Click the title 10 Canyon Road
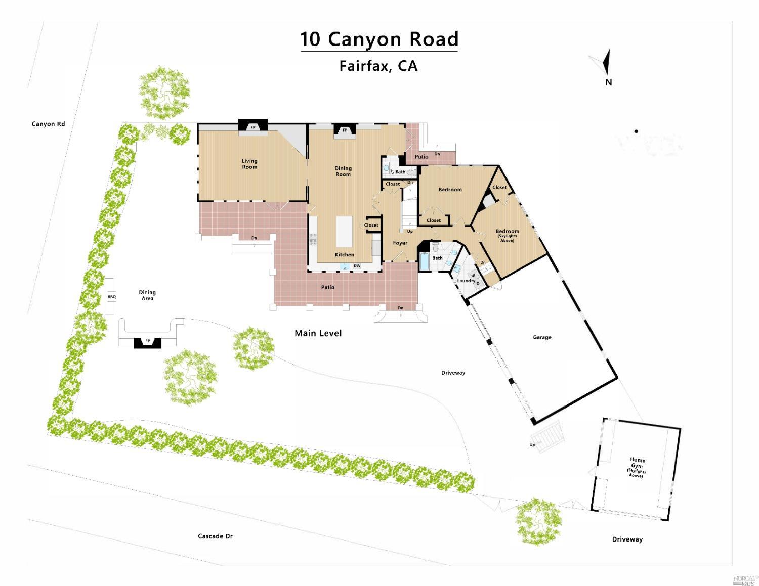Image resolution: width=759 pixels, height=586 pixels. (x=379, y=39)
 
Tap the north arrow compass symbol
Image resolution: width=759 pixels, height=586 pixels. (x=605, y=64)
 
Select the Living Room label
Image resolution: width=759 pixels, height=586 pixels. (x=249, y=164)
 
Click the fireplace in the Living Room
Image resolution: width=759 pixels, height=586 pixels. (x=253, y=126)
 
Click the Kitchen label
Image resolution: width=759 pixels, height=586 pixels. (x=345, y=254)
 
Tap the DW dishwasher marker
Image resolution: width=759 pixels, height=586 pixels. (x=357, y=266)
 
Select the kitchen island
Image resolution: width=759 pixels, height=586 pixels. (x=344, y=232)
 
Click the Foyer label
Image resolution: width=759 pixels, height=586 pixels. (x=400, y=243)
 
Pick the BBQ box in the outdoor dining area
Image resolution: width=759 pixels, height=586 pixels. (x=112, y=297)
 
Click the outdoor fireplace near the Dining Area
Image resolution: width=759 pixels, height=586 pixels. (x=148, y=342)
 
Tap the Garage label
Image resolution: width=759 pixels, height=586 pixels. (x=542, y=337)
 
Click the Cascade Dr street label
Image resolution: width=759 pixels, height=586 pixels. (x=215, y=536)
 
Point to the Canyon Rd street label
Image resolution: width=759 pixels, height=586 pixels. (x=49, y=124)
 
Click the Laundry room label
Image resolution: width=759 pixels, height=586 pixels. (x=466, y=281)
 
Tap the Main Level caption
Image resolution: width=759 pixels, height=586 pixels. (x=318, y=333)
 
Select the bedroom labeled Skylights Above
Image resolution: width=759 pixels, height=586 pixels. (x=507, y=235)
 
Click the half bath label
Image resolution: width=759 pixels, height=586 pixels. (x=398, y=172)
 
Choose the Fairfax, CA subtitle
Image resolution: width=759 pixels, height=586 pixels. (x=378, y=66)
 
